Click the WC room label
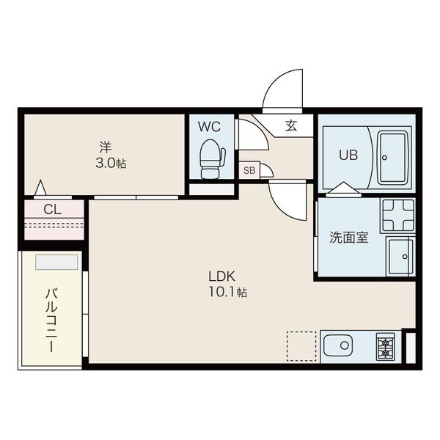click(x=209, y=126)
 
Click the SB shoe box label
click(x=249, y=170)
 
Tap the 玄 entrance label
click(x=290, y=126)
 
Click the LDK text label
click(x=221, y=276)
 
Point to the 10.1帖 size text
click(x=229, y=293)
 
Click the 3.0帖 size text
click(x=110, y=163)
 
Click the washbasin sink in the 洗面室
click(x=400, y=254)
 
